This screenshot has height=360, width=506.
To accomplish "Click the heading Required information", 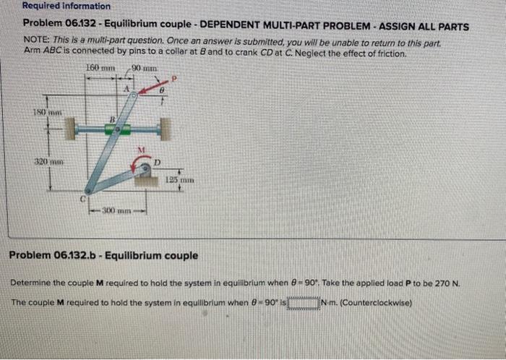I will pyautogui.click(x=56, y=6).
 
